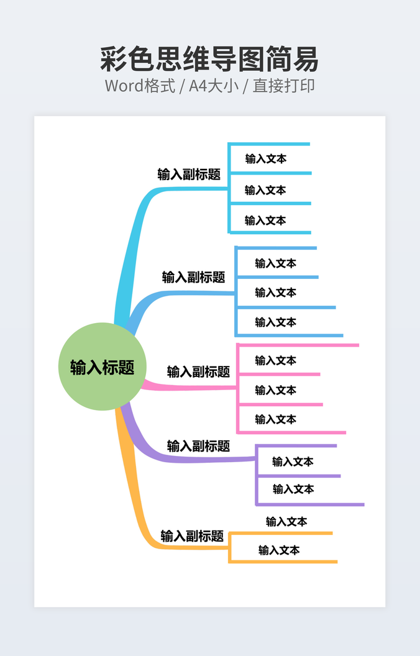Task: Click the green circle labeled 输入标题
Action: coord(102,367)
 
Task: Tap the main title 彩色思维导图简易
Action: coord(209,60)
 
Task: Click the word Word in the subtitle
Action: coord(124,86)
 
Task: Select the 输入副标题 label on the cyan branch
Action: coord(189,175)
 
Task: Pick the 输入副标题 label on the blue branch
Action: coord(193,277)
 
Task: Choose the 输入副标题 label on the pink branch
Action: coord(198,371)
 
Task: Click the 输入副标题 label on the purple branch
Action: coord(198,446)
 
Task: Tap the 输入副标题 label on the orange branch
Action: coord(192,535)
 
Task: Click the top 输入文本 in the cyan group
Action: coord(266,158)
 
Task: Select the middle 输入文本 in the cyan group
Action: coord(265,189)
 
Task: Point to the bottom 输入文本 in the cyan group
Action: coord(265,220)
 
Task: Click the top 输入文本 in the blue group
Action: coord(276,263)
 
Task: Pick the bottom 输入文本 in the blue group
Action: coord(276,322)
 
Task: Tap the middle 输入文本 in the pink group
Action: coord(276,390)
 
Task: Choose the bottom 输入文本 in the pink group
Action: coord(276,419)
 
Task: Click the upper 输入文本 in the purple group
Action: coord(293,462)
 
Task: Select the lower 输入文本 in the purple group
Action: coord(293,489)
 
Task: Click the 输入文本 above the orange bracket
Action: coord(286,521)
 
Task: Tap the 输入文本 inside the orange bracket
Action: coord(279,550)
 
